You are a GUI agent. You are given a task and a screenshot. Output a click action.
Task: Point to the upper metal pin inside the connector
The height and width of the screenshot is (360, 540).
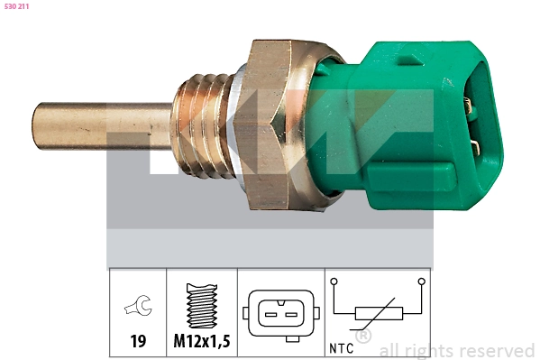click(x=468, y=106)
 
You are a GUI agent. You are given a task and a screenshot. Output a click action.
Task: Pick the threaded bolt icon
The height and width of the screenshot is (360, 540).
click(x=202, y=308)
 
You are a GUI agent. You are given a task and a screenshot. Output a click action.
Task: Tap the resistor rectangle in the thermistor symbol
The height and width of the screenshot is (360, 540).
click(x=377, y=314)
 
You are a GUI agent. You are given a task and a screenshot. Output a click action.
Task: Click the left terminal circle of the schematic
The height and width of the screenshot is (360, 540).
click(x=334, y=282)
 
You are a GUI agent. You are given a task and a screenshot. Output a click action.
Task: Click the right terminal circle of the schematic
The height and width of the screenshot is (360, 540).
click(x=420, y=282)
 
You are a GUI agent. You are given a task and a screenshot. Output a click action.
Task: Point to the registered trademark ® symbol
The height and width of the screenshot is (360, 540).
click(x=363, y=337)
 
